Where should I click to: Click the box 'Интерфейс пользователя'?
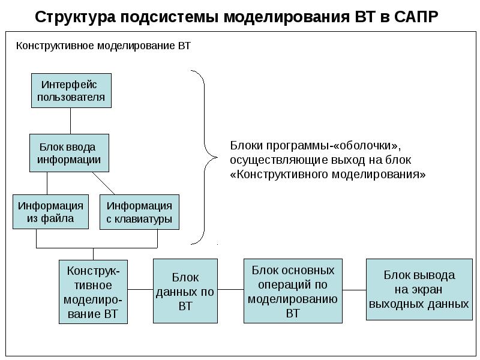pyautogui.click(x=71, y=91)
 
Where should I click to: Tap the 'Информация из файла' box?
pyautogui.click(x=50, y=212)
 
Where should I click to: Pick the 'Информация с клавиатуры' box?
pyautogui.click(x=139, y=212)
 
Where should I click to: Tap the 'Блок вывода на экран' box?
pyautogui.click(x=419, y=290)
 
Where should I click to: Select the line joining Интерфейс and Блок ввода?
pyautogui.click(x=71, y=121)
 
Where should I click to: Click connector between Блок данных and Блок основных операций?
pyautogui.click(x=230, y=290)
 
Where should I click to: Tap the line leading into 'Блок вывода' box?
pyautogui.click(x=355, y=290)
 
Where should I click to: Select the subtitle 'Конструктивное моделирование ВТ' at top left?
pyautogui.click(x=103, y=46)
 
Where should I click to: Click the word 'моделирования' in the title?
pyautogui.click(x=286, y=16)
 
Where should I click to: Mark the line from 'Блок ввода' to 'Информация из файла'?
pyautogui.click(x=47, y=183)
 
